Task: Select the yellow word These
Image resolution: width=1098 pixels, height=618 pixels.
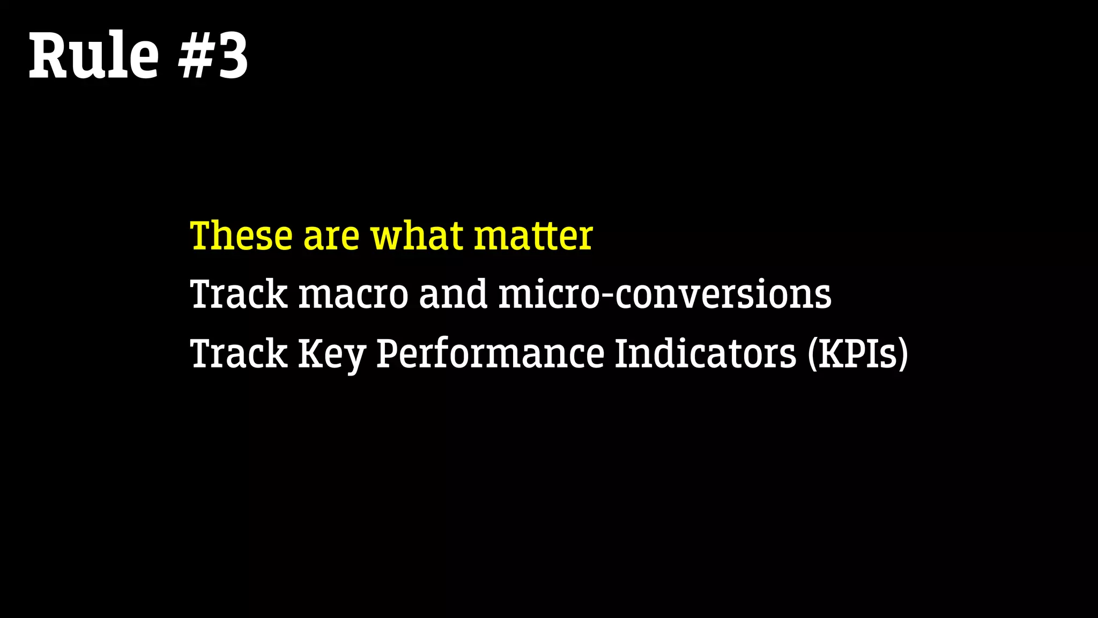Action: (x=241, y=236)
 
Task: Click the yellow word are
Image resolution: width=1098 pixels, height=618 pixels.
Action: (x=331, y=237)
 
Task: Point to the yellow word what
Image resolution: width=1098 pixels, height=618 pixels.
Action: (x=417, y=236)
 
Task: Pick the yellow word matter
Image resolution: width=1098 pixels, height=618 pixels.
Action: (x=533, y=237)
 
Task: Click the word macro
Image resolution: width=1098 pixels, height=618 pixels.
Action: (x=353, y=296)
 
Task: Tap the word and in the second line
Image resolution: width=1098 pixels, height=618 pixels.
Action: (x=453, y=295)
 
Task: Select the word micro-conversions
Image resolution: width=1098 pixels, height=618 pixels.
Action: (x=665, y=295)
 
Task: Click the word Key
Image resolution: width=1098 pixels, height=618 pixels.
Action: (x=331, y=355)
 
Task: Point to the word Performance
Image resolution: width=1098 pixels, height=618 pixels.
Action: (x=490, y=355)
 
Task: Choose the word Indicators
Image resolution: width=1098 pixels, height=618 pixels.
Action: (x=706, y=354)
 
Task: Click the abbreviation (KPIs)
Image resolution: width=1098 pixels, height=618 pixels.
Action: (x=858, y=355)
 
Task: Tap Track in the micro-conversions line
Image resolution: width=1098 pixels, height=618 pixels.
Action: (x=239, y=295)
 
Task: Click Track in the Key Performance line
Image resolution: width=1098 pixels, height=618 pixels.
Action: (x=239, y=354)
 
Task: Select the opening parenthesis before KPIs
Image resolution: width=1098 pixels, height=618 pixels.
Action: (x=813, y=355)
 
